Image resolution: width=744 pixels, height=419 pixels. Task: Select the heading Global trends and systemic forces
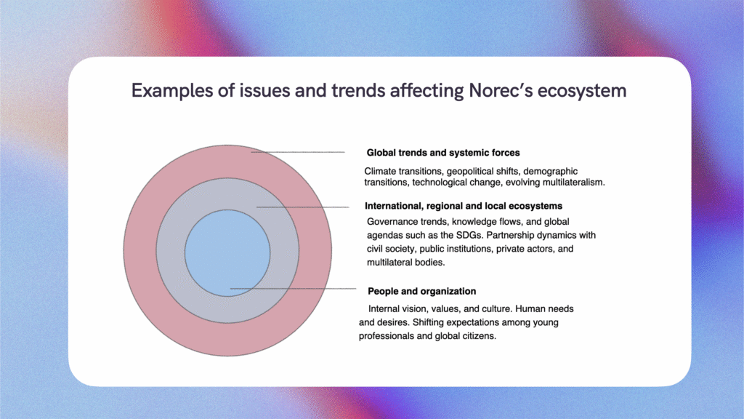tap(443, 153)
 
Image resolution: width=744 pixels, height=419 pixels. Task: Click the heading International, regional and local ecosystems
tap(464, 206)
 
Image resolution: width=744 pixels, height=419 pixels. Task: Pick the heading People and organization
tap(422, 291)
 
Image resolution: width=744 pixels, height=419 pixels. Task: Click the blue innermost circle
tap(227, 253)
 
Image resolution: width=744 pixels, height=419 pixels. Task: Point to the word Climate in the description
tap(380, 171)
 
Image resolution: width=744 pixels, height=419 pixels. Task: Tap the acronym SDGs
tap(470, 235)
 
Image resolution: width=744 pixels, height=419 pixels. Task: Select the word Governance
tap(390, 221)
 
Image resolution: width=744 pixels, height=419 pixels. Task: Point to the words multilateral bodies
tap(405, 262)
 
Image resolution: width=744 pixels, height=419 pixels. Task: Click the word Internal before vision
tap(384, 308)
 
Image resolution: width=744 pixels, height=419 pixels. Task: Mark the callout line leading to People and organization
tap(293, 288)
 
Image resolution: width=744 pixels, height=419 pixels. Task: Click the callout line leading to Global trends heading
tap(298, 152)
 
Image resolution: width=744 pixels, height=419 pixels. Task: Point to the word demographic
tap(551, 172)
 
